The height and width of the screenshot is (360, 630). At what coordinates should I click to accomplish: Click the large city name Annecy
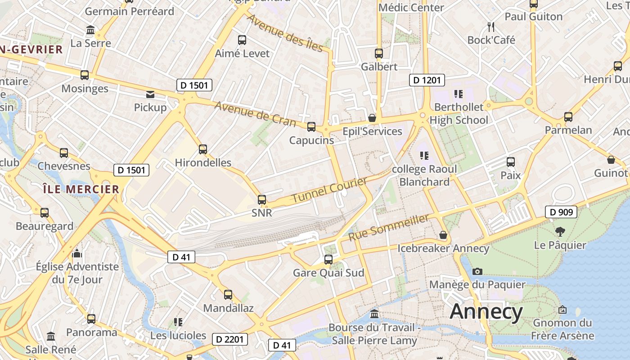(486, 312)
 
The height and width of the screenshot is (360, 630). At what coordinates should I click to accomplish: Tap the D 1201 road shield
(427, 80)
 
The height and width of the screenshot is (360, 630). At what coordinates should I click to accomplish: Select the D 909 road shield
(561, 211)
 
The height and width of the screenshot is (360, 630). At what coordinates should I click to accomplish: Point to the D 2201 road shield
(229, 339)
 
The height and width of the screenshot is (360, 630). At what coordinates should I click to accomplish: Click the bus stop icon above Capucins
(311, 127)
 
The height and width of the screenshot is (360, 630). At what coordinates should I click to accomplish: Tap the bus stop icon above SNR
(262, 199)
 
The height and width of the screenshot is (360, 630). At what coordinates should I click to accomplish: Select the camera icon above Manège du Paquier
(477, 271)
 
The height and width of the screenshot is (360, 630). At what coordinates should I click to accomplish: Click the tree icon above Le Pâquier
(560, 232)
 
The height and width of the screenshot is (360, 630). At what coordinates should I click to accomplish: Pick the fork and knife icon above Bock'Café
(491, 27)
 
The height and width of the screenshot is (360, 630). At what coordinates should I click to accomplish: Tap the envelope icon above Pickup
(150, 94)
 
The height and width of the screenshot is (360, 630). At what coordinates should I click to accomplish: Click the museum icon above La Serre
(90, 30)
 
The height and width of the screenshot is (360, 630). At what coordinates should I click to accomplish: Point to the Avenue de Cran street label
(255, 113)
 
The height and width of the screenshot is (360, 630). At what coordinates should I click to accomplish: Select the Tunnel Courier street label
(329, 190)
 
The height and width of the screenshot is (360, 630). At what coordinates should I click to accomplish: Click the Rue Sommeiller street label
(389, 227)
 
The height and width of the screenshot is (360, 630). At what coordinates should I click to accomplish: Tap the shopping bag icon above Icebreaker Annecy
(443, 235)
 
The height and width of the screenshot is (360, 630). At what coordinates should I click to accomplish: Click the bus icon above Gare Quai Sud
(328, 260)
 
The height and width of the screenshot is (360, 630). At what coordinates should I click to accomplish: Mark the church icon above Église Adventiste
(77, 253)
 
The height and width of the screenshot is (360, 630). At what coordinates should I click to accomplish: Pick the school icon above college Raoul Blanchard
(424, 156)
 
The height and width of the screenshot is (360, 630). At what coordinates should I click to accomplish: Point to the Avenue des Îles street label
(285, 33)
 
